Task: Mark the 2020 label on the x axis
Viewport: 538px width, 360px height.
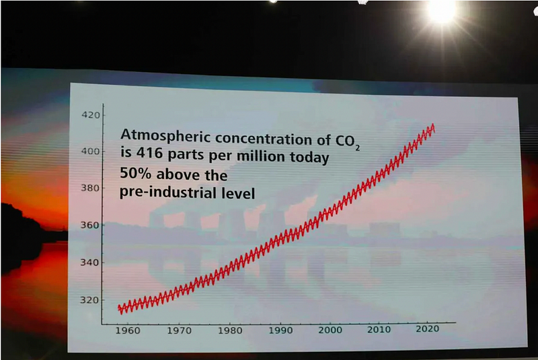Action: point(428,330)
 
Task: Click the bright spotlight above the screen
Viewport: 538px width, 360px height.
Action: point(440,10)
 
